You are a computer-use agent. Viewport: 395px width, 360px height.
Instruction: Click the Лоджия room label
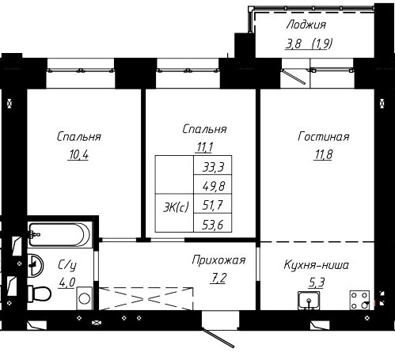coord(306,25)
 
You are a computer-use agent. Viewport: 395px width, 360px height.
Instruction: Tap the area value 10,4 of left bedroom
coord(78,155)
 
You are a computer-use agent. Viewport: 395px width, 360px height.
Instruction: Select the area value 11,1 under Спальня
coord(204,147)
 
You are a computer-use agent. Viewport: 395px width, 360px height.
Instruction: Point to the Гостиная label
coord(324,137)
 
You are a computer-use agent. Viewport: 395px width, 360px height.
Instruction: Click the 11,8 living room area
coord(323,154)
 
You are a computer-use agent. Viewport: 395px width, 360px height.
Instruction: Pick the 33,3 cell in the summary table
coord(213,167)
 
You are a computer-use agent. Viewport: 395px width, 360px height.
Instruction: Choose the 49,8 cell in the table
coord(214,186)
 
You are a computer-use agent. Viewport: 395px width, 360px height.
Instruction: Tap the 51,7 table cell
coord(213,205)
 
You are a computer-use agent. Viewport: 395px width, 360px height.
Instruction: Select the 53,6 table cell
coord(213,225)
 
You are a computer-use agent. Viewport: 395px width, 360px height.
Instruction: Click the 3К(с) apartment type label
coord(176,207)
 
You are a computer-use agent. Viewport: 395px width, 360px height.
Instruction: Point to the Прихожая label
coord(218,260)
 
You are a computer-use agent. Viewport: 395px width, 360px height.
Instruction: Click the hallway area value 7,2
coord(218,278)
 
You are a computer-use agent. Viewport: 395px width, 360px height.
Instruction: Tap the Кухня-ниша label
coord(317,265)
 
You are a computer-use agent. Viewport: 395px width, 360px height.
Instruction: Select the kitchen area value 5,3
coord(317,282)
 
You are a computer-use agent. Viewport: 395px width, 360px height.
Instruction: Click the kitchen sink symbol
coord(309,301)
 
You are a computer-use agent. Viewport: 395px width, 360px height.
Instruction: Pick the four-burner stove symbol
coord(359,300)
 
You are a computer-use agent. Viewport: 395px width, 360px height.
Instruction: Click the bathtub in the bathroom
coord(59,235)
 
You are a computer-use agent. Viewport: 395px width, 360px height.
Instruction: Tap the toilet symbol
coord(40,294)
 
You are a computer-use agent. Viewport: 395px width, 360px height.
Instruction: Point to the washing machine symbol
coord(85,298)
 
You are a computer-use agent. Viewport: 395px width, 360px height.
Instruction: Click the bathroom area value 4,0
coord(67,282)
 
